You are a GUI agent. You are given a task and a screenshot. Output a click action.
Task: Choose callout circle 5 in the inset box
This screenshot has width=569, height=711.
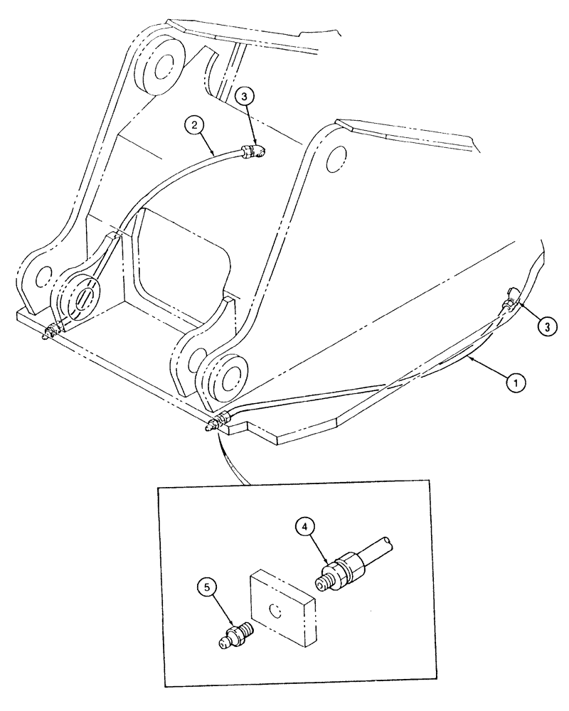(207, 589)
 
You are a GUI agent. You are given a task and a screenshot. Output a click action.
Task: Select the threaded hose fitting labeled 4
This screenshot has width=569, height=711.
(341, 570)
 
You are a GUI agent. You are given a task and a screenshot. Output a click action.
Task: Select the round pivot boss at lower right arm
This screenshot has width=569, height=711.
(228, 376)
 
